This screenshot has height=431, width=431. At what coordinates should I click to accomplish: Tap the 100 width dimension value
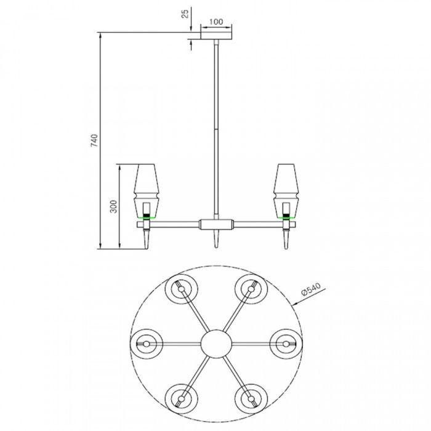(216, 22)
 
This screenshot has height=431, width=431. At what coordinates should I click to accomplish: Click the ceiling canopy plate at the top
(216, 39)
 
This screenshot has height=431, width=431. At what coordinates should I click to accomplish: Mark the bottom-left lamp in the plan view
(181, 394)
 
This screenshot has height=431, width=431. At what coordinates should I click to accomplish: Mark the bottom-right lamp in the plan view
(250, 394)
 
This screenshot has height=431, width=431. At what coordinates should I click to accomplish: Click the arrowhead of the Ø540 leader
(297, 303)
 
